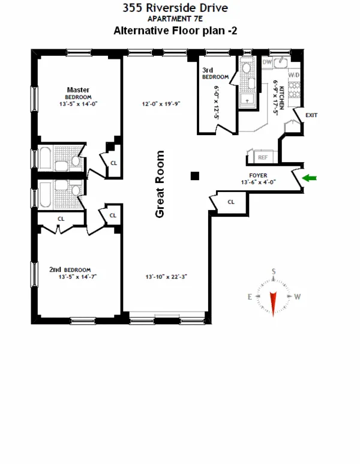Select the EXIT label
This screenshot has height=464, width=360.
coord(311,115)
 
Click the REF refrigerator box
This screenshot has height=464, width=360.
coord(262,157)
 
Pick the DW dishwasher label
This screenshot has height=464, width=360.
coord(268,62)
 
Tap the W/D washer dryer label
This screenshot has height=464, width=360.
coord(294,76)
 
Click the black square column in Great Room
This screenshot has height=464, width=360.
coord(194,176)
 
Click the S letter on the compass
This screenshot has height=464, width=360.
coord(274,272)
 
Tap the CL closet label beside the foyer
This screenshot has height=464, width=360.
coord(230,202)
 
